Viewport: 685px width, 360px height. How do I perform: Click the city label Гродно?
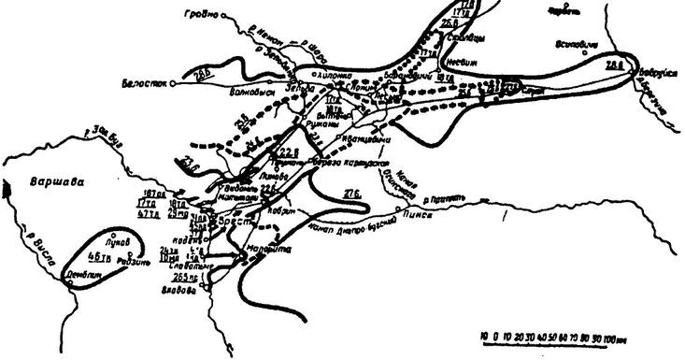211,14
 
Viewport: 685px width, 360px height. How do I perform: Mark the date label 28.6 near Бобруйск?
615,65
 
